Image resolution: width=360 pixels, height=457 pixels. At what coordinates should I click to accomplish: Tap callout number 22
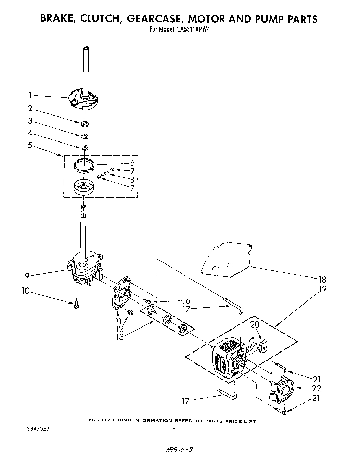coord(316,388)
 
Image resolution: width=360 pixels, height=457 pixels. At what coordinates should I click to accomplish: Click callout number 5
coord(30,145)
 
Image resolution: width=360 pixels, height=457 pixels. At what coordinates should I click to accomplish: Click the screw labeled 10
coord(76,304)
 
